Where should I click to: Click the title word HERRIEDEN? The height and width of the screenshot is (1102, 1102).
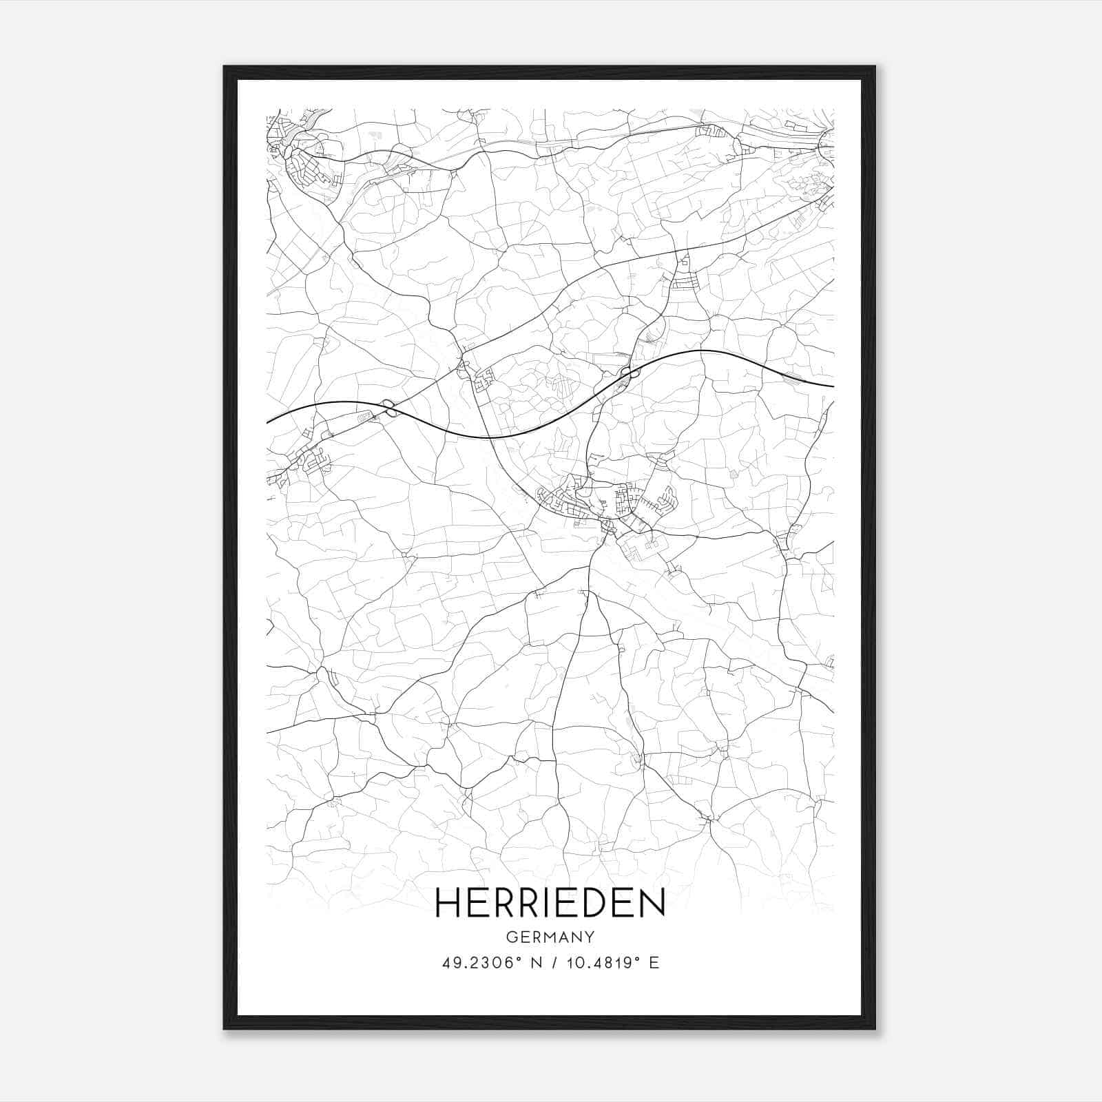click(x=550, y=902)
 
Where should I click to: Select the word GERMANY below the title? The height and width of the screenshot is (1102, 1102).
click(x=550, y=937)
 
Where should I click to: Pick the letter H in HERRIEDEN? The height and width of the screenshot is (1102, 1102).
click(x=450, y=902)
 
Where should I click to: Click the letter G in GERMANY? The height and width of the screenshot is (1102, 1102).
click(x=511, y=937)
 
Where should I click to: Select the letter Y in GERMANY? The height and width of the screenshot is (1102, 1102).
click(x=590, y=937)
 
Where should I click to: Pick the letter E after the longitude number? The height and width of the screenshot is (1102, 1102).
click(x=654, y=963)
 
